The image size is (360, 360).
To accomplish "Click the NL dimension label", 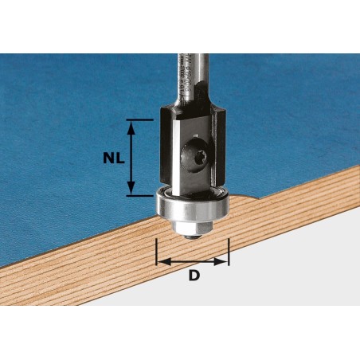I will pyautogui.click(x=114, y=158).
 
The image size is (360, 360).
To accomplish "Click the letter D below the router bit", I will pyautogui.click(x=194, y=276).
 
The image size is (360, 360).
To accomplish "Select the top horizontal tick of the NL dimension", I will pyautogui.click(x=139, y=120).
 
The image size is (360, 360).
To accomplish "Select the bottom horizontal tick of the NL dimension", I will pyautogui.click(x=139, y=195).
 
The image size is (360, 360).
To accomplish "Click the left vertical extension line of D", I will pyautogui.click(x=158, y=251).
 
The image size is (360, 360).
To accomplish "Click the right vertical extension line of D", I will pyautogui.click(x=229, y=251).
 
